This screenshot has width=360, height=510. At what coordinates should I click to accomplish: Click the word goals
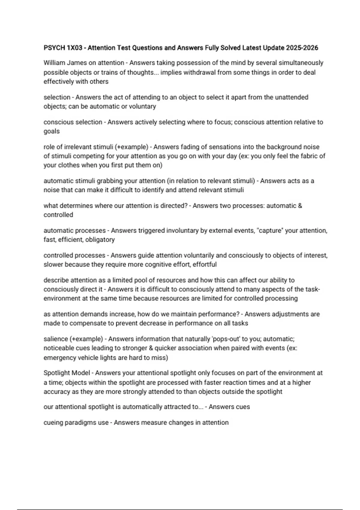[x=52, y=131]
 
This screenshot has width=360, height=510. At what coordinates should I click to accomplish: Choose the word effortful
[x=205, y=265]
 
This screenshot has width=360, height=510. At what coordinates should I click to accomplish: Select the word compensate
[x=96, y=323]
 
